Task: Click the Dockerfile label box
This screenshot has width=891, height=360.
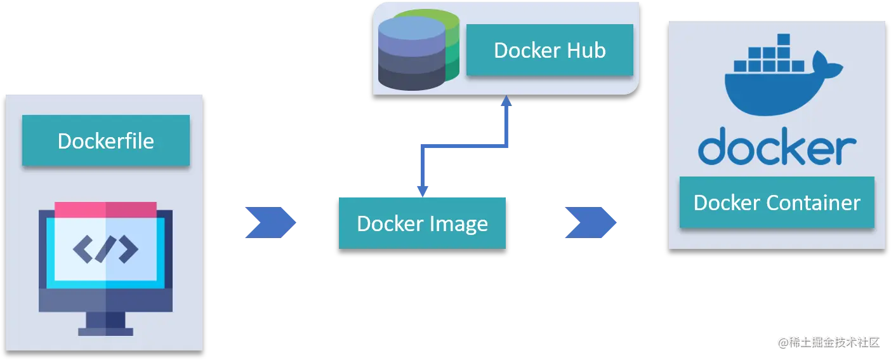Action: [105, 140]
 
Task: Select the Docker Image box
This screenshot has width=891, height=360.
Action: [422, 223]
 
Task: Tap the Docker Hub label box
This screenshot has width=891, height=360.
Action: [550, 50]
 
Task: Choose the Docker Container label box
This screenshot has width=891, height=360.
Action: [777, 203]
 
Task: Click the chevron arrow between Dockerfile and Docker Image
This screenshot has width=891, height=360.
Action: [270, 222]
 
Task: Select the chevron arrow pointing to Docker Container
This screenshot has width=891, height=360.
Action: [591, 222]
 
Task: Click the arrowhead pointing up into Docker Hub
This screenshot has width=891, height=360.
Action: [506, 101]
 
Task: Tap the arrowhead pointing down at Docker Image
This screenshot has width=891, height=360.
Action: [423, 190]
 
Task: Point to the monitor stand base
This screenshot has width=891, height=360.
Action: [105, 331]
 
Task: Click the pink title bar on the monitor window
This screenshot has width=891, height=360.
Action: [105, 210]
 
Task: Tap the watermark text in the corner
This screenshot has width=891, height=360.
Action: [829, 342]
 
